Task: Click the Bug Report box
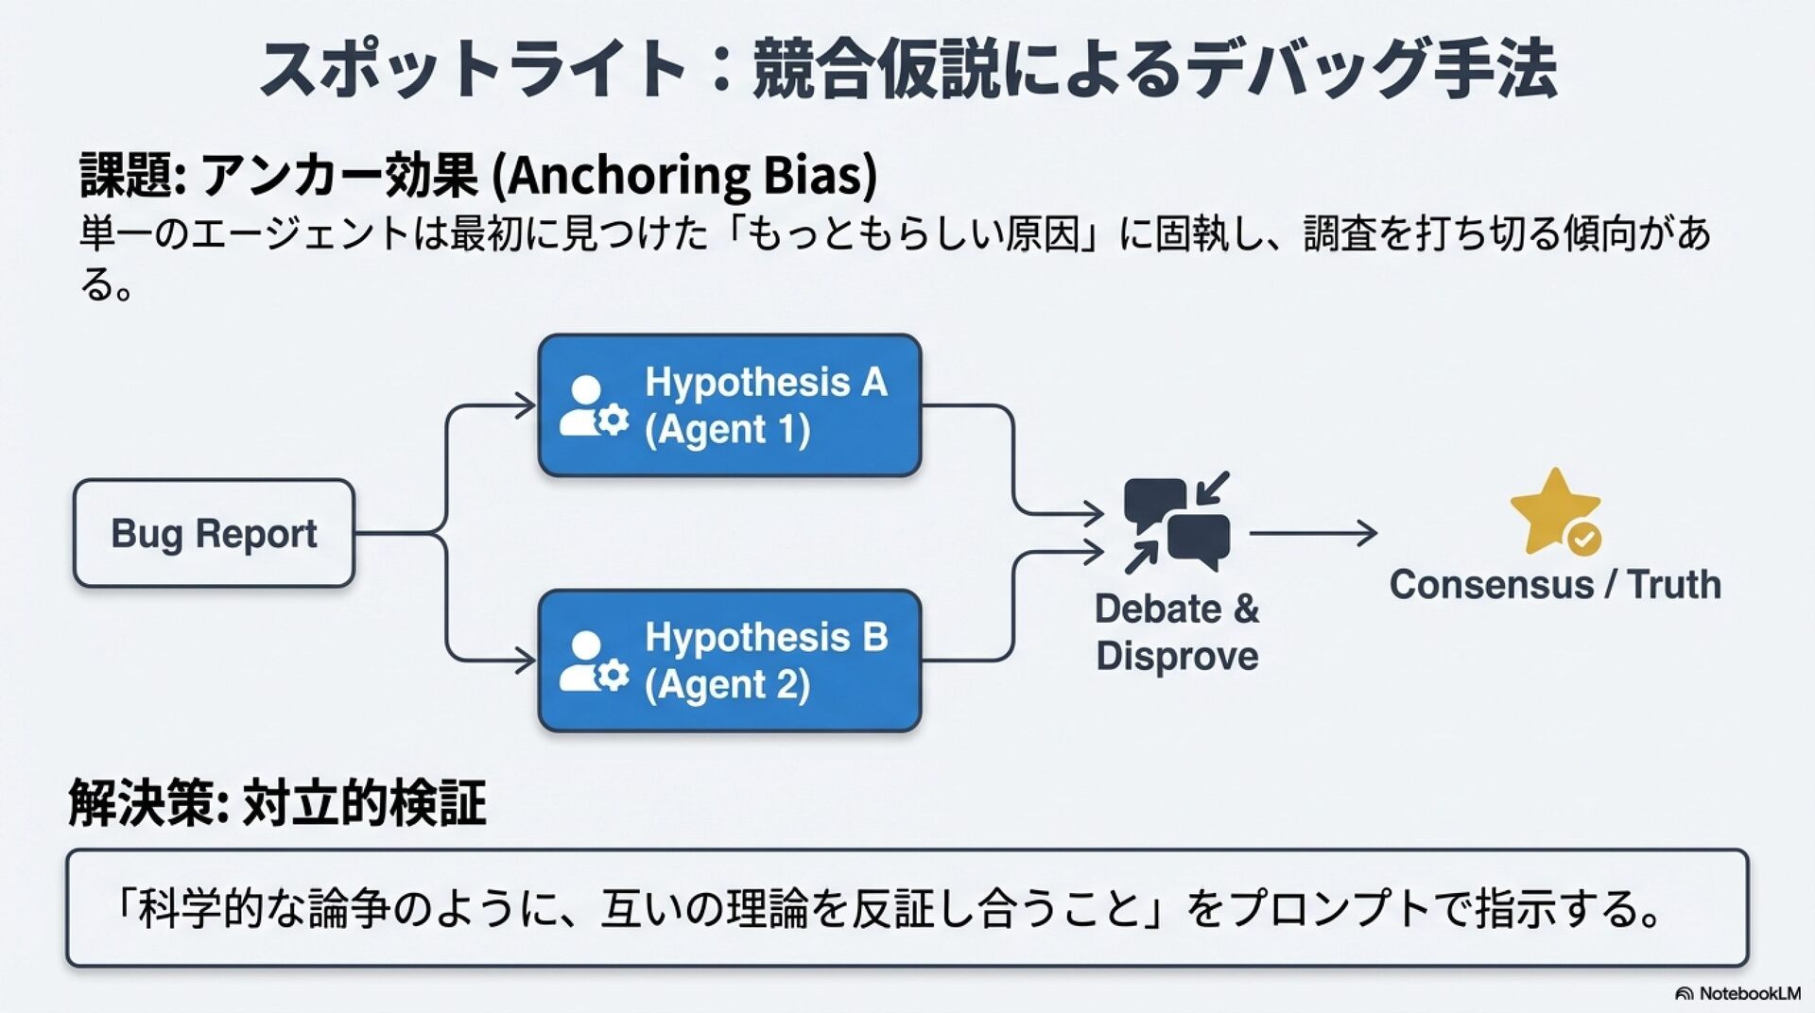(x=214, y=534)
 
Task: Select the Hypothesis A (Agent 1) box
(x=729, y=405)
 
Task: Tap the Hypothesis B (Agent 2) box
(x=729, y=661)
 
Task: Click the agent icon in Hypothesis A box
(x=593, y=407)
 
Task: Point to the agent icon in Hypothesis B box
(x=593, y=662)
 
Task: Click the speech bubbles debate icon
(x=1177, y=523)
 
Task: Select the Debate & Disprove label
(x=1177, y=632)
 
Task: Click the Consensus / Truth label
(x=1555, y=585)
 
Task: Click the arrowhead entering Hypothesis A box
(x=525, y=405)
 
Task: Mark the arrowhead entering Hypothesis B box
(x=525, y=659)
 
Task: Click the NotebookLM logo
(x=1737, y=993)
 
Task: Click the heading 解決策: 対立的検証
(x=277, y=803)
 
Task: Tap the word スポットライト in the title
(x=473, y=68)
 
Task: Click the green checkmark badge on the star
(x=1584, y=539)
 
